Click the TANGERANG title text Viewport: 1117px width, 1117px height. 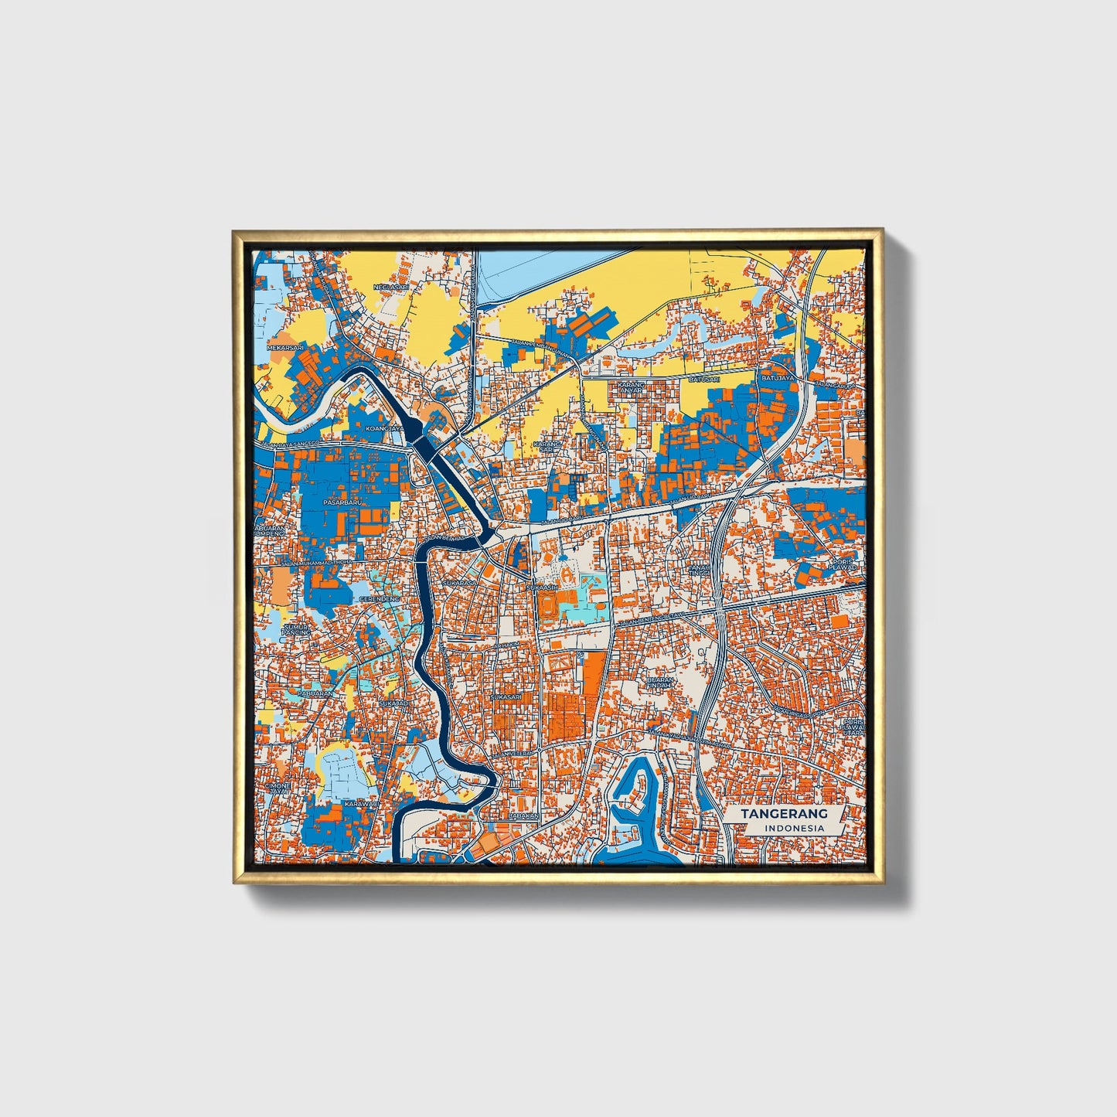tap(784, 814)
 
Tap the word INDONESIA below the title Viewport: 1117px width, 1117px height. tap(794, 829)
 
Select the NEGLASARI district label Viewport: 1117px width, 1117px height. tap(390, 288)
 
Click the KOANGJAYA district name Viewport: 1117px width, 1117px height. tap(385, 427)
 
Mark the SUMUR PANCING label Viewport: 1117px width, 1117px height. tap(296, 629)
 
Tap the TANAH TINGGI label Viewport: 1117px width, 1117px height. tap(699, 570)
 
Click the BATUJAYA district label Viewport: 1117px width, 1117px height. tap(778, 378)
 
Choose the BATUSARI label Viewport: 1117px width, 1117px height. tap(704, 380)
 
